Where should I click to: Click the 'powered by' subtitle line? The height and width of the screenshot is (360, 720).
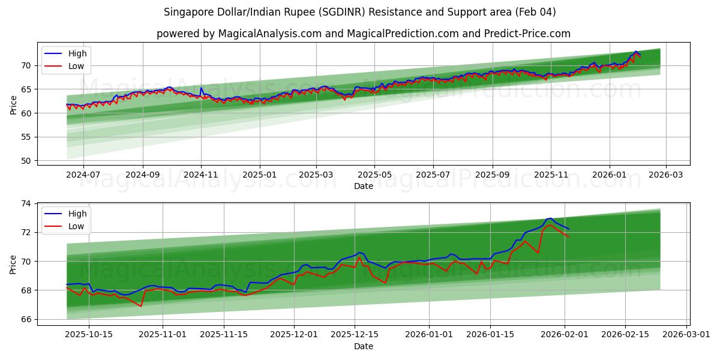[363, 34]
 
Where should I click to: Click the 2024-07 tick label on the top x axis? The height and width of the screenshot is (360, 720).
[83, 174]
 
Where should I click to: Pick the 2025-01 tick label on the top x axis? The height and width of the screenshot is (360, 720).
[260, 174]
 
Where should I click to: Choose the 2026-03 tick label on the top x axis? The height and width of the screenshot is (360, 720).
[667, 174]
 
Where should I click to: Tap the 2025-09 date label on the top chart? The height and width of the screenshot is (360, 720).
[492, 174]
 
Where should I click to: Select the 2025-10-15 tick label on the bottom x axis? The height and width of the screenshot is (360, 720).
[89, 334]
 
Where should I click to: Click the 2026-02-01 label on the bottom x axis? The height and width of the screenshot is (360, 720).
[565, 334]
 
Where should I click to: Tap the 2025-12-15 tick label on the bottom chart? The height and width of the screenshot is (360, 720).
[355, 334]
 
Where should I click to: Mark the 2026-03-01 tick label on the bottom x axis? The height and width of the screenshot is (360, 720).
[686, 334]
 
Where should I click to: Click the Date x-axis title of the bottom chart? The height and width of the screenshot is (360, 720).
[363, 346]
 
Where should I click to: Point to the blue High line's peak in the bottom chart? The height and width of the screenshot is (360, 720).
[550, 218]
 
